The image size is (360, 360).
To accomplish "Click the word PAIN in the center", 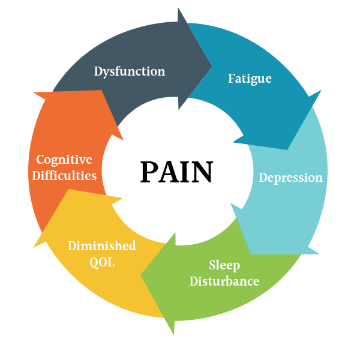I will pos(176,172).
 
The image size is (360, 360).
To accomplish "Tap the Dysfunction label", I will pos(129,71).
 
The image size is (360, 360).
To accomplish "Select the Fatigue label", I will pos(250,79).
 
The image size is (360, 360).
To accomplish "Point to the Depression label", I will pos(290,178).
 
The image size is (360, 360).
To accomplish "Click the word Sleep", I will pos(224,265).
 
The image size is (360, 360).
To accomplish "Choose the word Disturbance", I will pos(224,281).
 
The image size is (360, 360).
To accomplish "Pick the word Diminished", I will pos(101,246).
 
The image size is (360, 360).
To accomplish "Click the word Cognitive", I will pos(64,160).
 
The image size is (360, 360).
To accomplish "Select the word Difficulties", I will pos(64,176).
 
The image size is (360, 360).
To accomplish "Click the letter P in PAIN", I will pos(149,172).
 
